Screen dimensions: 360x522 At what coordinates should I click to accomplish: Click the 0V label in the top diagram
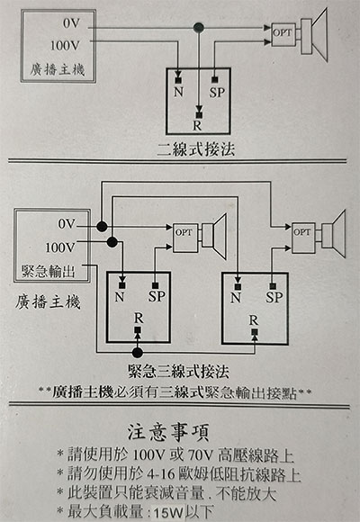tap(72, 23)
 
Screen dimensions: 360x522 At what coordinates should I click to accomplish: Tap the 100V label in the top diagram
tap(66, 46)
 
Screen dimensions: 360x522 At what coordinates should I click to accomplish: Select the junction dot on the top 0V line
tap(199, 27)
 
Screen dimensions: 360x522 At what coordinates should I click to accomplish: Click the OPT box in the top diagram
tap(283, 34)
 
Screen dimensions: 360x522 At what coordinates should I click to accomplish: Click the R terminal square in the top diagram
tap(199, 115)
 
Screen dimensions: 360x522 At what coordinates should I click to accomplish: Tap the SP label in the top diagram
tap(217, 92)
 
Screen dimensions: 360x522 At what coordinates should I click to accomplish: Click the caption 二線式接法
tap(196, 149)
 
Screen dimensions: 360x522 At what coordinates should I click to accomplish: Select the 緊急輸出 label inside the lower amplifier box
tap(49, 271)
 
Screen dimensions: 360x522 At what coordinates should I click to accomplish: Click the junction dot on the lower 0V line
tap(102, 227)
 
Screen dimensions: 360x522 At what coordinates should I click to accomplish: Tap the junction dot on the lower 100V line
tap(112, 242)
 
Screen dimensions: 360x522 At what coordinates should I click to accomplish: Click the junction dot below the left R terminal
tap(137, 353)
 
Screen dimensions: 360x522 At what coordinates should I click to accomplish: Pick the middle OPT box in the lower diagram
tap(185, 238)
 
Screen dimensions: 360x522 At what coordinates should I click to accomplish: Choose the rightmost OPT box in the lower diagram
tap(303, 238)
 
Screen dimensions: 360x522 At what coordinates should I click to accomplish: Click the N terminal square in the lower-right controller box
tap(238, 286)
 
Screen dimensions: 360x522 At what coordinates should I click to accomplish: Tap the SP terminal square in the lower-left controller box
tap(155, 285)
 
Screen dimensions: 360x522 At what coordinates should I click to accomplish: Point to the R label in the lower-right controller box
tap(254, 320)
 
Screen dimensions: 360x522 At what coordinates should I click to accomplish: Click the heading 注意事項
tap(168, 432)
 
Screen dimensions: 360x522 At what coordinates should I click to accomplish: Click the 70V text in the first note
tap(201, 454)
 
